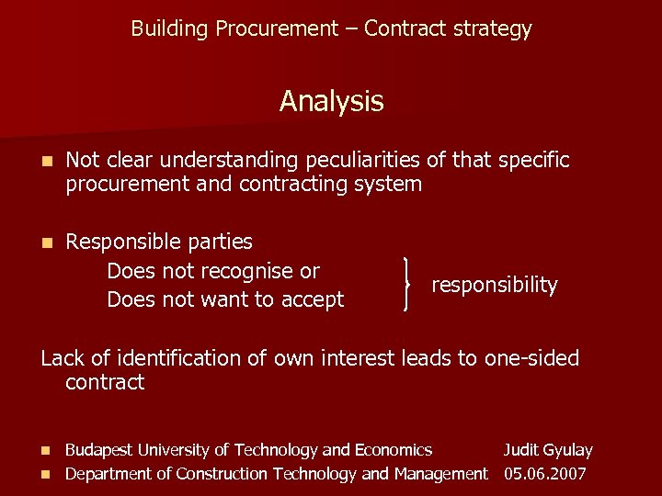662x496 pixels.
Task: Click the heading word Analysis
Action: click(x=331, y=101)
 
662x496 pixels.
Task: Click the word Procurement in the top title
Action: click(x=277, y=29)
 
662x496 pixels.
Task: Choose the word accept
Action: click(x=313, y=299)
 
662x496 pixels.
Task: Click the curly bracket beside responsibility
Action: click(x=407, y=285)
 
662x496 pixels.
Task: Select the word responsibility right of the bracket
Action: click(x=495, y=286)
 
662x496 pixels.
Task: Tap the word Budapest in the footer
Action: click(x=99, y=450)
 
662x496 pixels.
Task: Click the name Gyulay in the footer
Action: click(x=568, y=451)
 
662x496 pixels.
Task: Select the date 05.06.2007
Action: click(x=546, y=474)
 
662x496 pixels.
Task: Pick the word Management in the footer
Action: click(x=440, y=474)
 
